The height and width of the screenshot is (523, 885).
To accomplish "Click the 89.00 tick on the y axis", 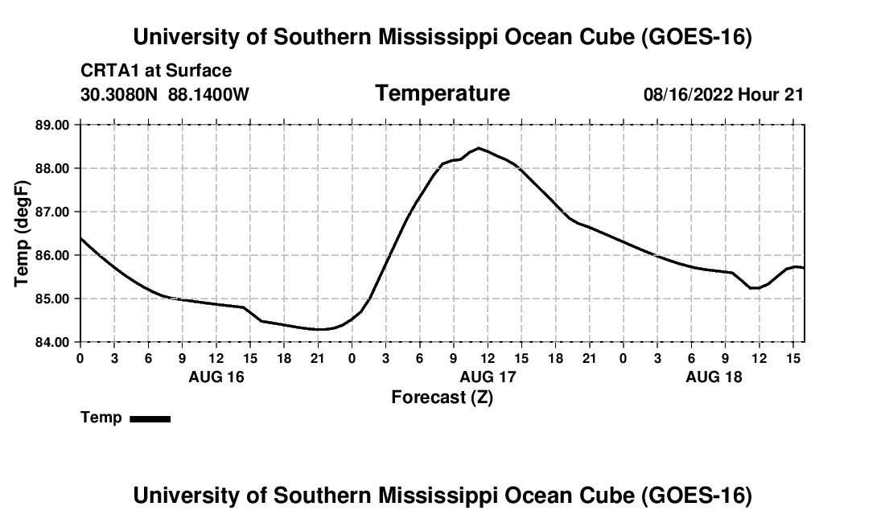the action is (52, 125).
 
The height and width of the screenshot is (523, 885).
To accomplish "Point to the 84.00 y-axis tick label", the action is (52, 342).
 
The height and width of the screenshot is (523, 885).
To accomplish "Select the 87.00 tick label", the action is (52, 212).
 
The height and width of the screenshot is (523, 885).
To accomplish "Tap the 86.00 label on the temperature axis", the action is (52, 255).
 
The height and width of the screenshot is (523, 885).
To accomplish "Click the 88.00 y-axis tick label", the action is (52, 168).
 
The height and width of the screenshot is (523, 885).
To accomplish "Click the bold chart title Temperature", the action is (442, 93).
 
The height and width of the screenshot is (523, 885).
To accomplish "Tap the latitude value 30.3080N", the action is (119, 94).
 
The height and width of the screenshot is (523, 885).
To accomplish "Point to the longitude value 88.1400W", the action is (208, 94).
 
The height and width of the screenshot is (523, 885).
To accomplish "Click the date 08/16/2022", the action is (688, 94).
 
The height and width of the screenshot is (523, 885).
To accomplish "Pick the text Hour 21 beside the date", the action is (771, 94).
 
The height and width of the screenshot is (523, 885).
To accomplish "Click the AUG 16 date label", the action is (216, 377).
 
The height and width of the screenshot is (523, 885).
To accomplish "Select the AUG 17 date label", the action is (488, 377).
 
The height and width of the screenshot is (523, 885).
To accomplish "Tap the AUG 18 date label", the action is (714, 377).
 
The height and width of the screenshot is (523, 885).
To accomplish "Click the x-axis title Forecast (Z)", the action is (442, 397).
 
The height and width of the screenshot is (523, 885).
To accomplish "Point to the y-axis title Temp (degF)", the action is (22, 233).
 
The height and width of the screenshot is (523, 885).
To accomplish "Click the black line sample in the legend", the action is (150, 418).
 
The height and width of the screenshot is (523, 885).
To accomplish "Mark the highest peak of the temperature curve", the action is (479, 148).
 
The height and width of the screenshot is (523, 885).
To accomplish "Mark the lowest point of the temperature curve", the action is (319, 329).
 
